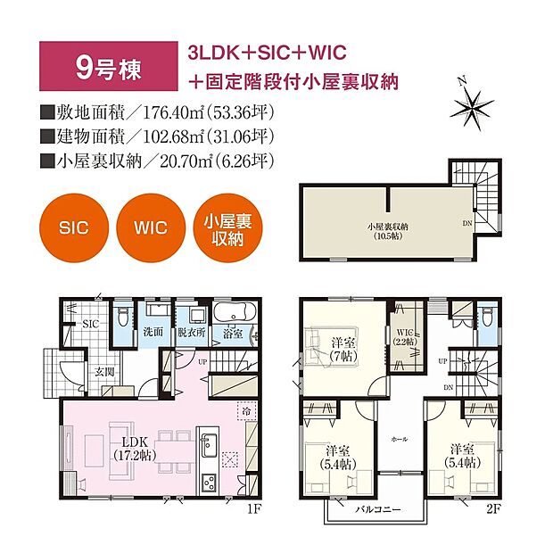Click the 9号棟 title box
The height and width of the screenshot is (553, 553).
(x=104, y=68)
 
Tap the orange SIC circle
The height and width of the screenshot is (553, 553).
(x=76, y=227)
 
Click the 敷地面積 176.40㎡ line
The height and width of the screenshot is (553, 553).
(x=156, y=114)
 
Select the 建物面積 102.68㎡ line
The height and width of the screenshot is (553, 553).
(x=156, y=138)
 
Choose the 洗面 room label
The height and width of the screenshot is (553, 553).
(x=152, y=331)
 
